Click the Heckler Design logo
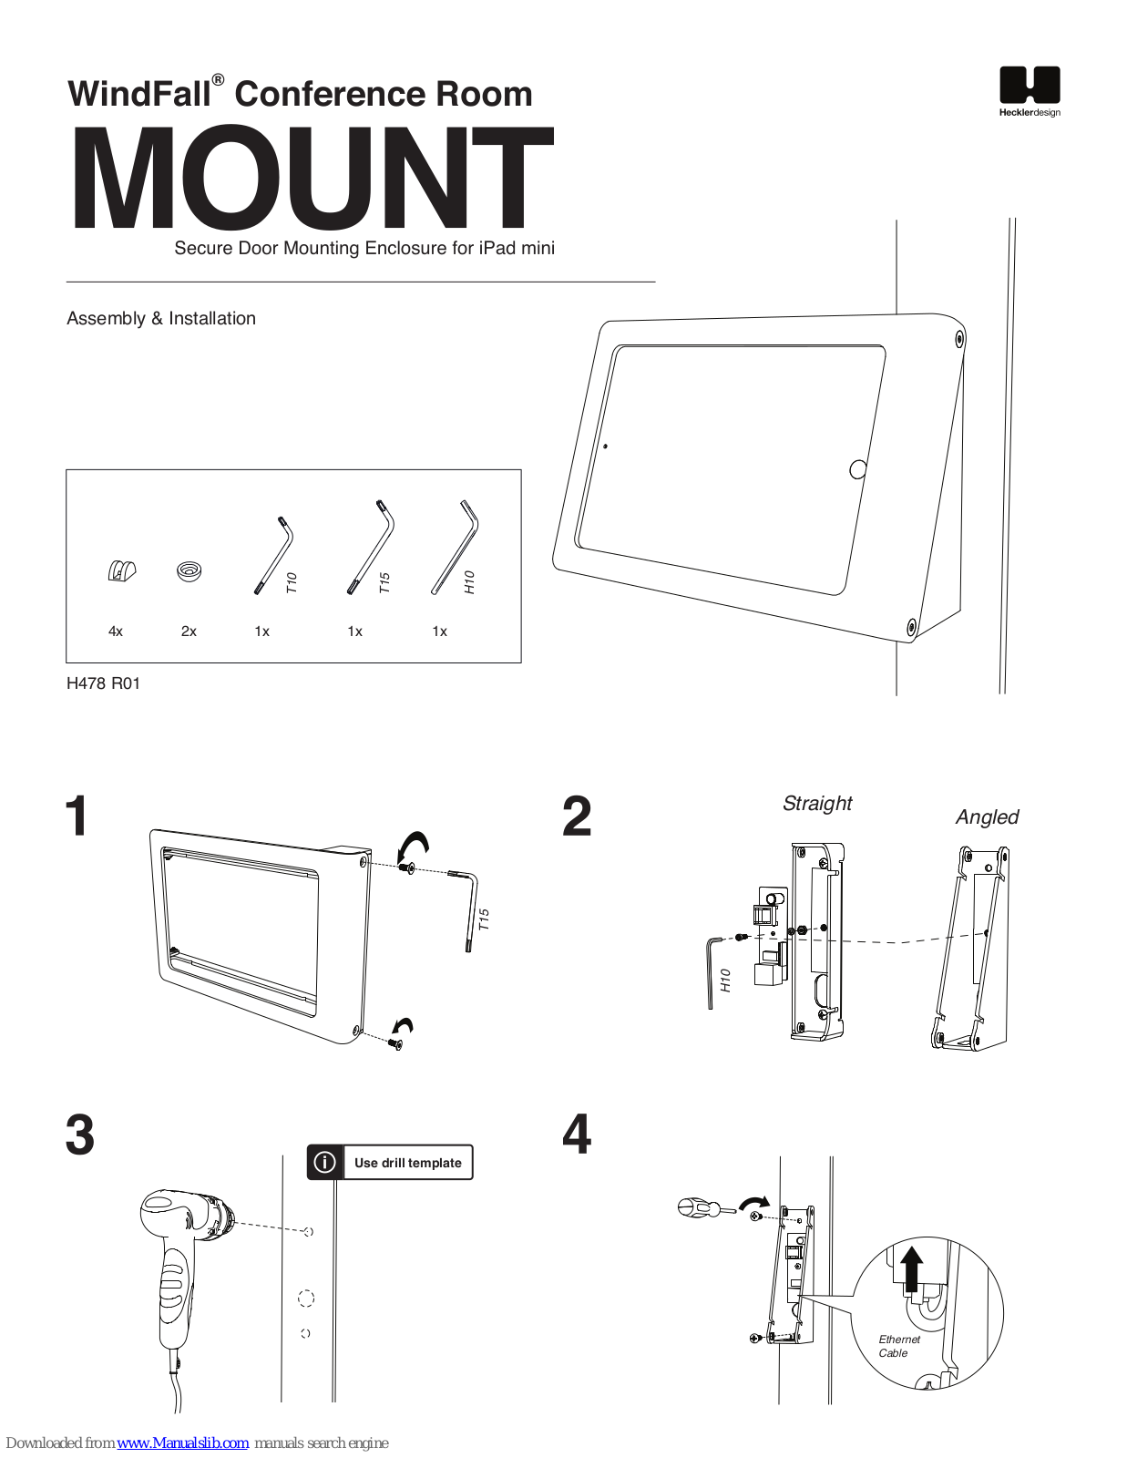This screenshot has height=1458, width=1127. pos(1029,91)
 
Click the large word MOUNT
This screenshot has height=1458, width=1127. pos(312,178)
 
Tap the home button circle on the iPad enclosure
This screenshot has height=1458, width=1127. pos(857,469)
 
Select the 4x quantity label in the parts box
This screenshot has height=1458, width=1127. pos(116,631)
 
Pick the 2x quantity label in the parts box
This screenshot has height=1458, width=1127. pos(189,631)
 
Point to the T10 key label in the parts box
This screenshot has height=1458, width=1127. pos(292,582)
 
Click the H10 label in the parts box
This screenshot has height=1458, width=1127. pos(469,581)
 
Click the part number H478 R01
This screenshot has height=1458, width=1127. pos(103,683)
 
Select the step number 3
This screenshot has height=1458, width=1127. pos(80,1135)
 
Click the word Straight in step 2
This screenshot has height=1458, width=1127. pos(817,803)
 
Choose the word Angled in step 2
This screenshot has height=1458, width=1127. pos(987,817)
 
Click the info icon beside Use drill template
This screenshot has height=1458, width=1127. pos(324,1162)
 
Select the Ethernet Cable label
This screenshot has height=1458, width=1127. pos(899,1346)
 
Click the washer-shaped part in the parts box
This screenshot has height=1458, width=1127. pos(190,571)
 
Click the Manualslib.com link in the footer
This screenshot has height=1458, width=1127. pos(182,1443)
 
